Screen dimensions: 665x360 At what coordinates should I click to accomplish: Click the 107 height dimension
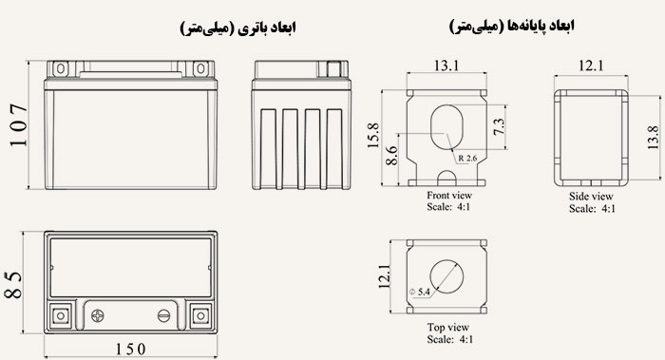pyautogui.click(x=19, y=125)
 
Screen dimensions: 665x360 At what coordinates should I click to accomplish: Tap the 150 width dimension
pyautogui.click(x=131, y=349)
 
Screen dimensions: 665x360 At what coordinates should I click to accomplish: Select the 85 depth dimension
pyautogui.click(x=13, y=285)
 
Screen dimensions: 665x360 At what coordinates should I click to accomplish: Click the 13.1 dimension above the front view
pyautogui.click(x=446, y=66)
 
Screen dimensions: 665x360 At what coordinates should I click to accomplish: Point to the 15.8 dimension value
pyautogui.click(x=373, y=136)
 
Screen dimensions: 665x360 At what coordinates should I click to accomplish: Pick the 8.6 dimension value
pyautogui.click(x=391, y=156)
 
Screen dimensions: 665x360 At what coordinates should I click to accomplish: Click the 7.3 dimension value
pyautogui.click(x=500, y=126)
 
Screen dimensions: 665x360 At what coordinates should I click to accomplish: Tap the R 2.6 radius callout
pyautogui.click(x=467, y=159)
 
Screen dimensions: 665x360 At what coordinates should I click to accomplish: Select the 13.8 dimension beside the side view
pyautogui.click(x=654, y=138)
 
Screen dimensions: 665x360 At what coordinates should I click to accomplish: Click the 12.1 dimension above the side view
pyautogui.click(x=591, y=66)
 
